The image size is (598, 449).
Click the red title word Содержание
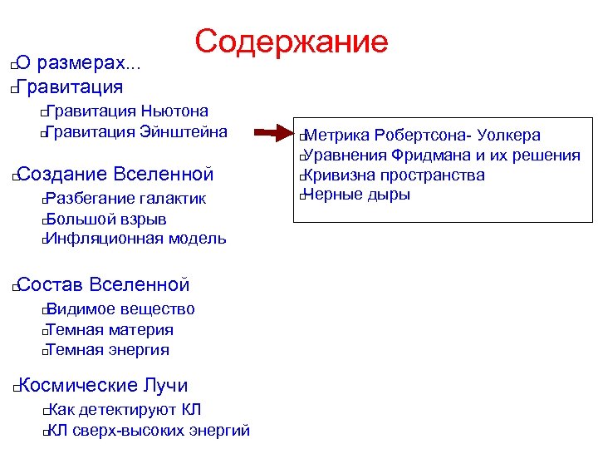[292, 42]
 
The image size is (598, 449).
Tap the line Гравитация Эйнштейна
[137, 131]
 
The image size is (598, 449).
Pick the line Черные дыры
[357, 195]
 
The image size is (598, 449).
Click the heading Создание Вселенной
[115, 174]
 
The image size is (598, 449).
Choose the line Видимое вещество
[121, 310]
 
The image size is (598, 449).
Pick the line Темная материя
[110, 330]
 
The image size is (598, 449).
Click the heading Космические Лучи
[102, 386]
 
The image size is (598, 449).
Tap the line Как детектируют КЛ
[124, 410]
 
